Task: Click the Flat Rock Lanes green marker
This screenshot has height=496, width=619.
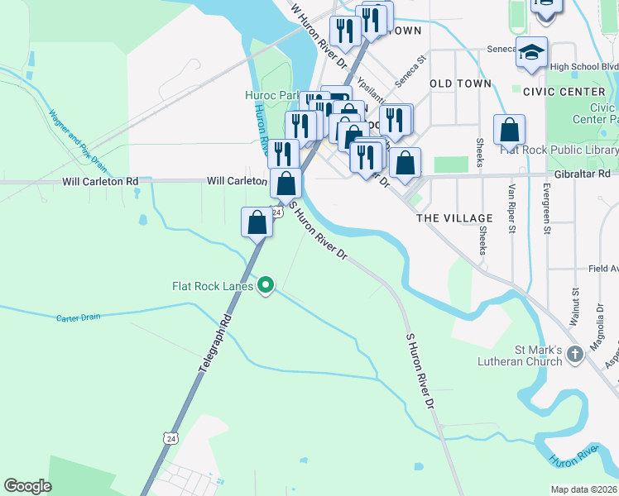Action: click(x=266, y=286)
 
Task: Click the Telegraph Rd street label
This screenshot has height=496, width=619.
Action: click(x=214, y=344)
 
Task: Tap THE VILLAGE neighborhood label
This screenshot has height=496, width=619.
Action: click(x=454, y=218)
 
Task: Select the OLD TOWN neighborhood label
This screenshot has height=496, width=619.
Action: click(x=460, y=83)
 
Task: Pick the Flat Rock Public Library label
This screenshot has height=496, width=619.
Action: click(x=559, y=150)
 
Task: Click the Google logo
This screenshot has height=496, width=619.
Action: click(x=27, y=486)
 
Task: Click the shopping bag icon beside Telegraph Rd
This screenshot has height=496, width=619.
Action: click(x=257, y=221)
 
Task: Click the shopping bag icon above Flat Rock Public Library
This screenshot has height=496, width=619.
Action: click(x=509, y=129)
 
